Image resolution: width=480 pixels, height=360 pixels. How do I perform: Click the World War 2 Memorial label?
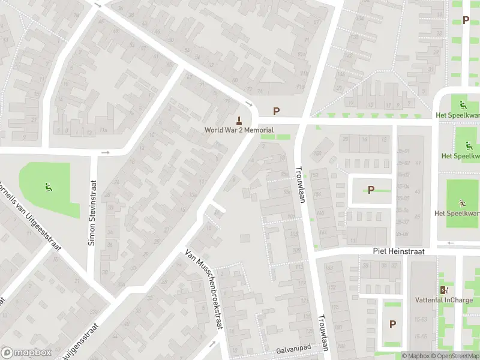239,130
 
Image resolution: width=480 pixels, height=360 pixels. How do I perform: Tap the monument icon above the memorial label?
239,119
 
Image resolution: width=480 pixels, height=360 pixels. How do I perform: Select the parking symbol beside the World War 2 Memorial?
277,111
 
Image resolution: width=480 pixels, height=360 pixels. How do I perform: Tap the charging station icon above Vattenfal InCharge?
444,290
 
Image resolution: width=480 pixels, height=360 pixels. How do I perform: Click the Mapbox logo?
26,353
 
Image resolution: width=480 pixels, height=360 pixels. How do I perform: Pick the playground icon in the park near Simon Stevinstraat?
47,186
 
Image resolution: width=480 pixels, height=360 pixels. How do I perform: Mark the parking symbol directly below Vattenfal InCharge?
392,325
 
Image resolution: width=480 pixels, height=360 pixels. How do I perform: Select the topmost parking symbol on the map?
466,20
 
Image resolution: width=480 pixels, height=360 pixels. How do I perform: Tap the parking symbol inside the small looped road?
371,190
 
